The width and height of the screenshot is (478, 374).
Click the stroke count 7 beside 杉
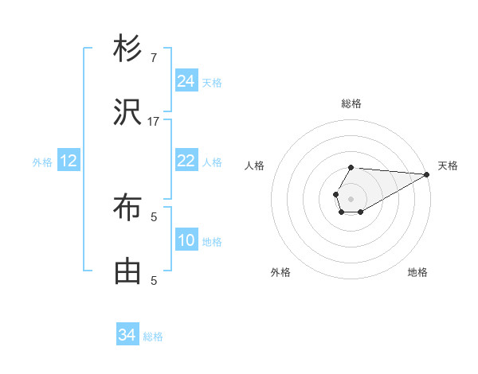pos(154,57)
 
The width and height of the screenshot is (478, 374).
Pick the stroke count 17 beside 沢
pos(154,121)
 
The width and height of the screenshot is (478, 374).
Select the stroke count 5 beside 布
pos(154,216)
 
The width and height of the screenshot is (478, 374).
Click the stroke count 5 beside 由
pos(154,280)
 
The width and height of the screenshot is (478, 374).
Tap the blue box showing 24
pos(186,81)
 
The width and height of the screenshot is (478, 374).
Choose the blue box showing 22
pos(186,161)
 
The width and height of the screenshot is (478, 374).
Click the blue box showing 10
pos(186,240)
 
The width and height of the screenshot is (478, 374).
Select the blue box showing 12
pos(69,161)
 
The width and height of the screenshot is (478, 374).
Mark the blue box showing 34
pos(127,335)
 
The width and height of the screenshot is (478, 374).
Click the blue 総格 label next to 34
pos(153,337)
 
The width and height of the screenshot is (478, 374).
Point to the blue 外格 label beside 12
pos(42,162)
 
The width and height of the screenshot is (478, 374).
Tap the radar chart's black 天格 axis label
pos(448,166)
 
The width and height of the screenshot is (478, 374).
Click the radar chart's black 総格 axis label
pos(351,103)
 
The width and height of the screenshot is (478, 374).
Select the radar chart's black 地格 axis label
pos(417,272)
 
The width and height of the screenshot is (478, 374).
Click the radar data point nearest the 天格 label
pos(426,174)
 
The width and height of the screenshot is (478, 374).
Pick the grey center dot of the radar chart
pos(351,197)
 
